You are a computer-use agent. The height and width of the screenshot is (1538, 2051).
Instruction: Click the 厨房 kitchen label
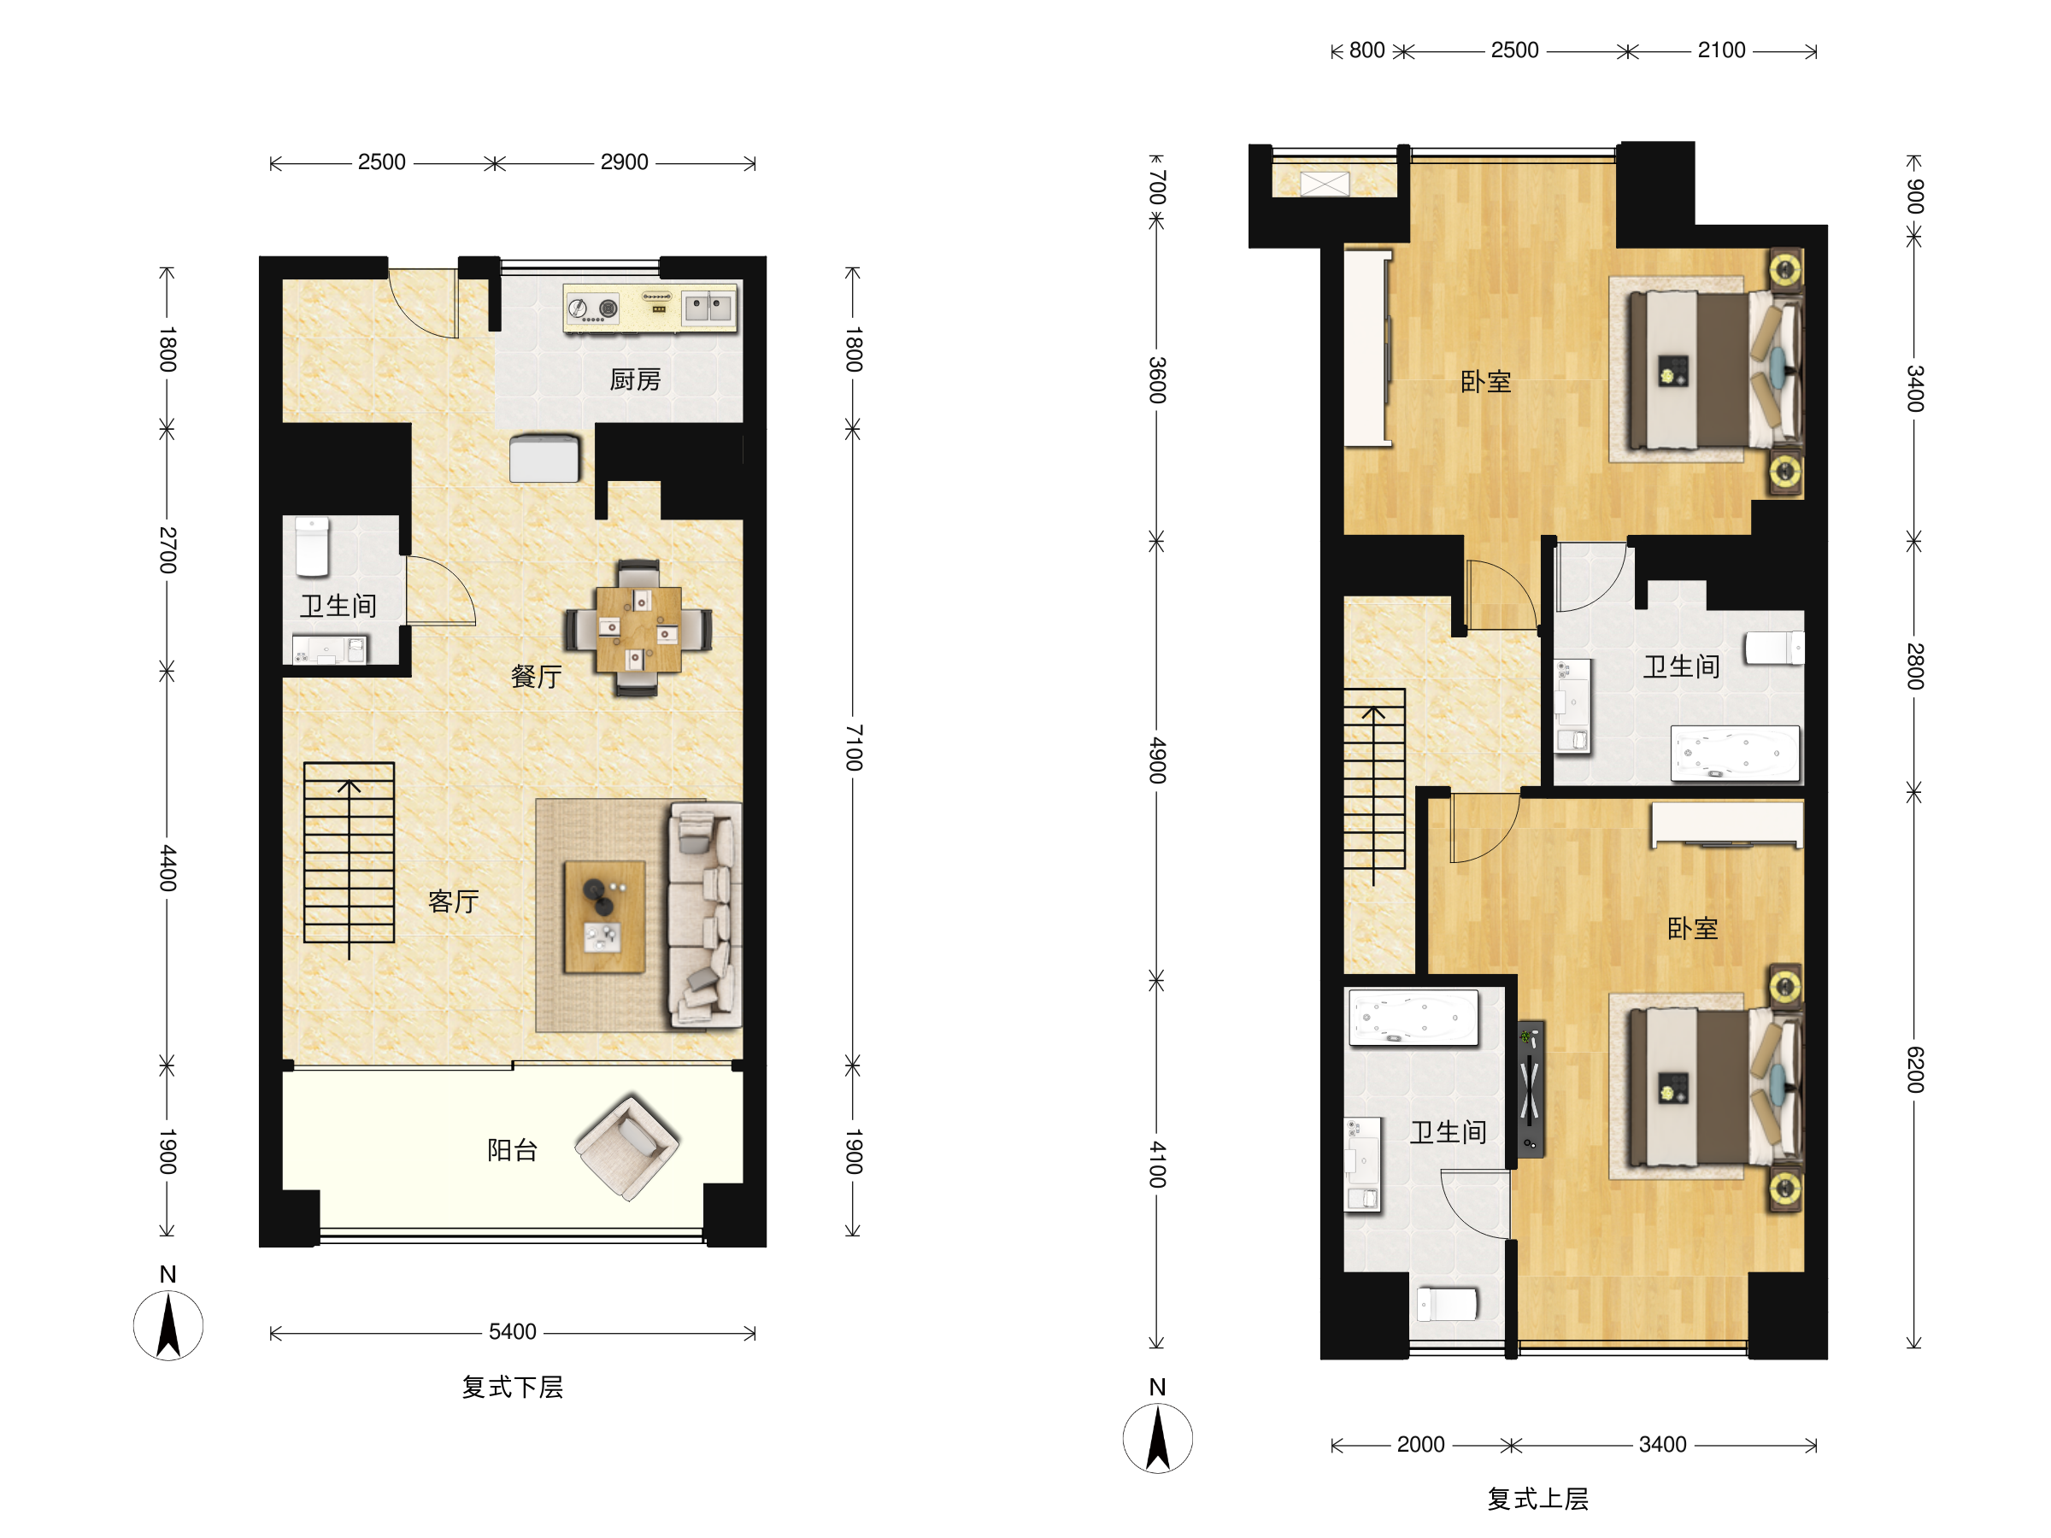click(635, 379)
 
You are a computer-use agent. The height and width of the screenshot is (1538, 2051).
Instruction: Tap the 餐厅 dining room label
click(536, 676)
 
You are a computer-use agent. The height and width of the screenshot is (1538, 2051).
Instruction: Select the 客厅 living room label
click(454, 901)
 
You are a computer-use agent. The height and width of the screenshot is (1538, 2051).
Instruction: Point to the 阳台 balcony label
click(513, 1149)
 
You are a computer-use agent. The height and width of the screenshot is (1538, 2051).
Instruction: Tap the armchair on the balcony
click(628, 1147)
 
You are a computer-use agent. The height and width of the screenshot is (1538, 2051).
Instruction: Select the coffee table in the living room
click(604, 916)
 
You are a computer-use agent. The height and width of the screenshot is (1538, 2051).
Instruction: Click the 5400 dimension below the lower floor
click(513, 1331)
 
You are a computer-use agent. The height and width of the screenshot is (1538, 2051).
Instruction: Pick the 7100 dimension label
click(854, 748)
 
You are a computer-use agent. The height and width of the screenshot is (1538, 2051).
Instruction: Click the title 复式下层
click(513, 1387)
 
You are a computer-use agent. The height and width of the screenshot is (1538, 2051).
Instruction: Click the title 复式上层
click(1537, 1499)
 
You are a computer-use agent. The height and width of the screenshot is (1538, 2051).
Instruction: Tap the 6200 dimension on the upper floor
click(1915, 1069)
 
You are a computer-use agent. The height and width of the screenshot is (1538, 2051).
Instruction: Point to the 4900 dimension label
click(1157, 760)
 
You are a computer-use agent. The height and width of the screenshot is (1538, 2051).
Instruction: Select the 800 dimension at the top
click(1366, 50)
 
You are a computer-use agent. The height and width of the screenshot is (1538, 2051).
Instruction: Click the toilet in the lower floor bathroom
click(313, 547)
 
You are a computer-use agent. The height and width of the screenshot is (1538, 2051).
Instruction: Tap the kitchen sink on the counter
click(708, 305)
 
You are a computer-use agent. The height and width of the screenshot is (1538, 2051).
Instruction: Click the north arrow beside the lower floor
click(167, 1326)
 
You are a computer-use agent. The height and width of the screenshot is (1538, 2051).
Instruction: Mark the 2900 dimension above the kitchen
click(624, 162)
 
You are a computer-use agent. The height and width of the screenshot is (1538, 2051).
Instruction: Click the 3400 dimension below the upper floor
click(1662, 1444)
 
